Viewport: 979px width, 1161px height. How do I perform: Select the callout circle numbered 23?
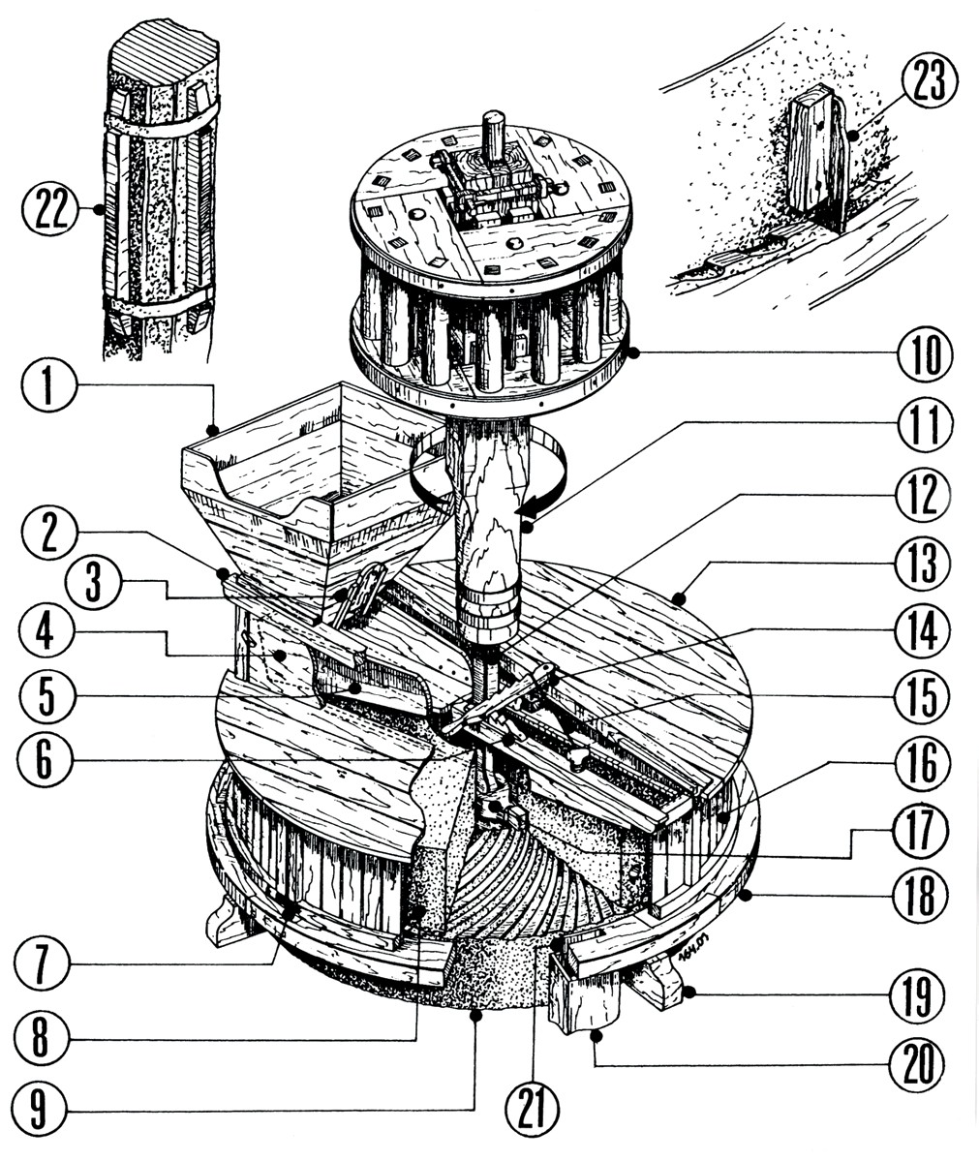tap(928, 81)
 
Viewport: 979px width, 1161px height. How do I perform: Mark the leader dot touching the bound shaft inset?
tap(97, 209)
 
